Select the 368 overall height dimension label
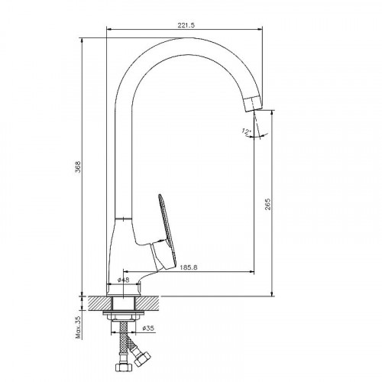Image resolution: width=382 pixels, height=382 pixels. tap(78, 167)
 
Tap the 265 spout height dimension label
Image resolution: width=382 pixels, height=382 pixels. tap(267, 204)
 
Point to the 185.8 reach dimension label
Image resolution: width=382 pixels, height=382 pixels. tap(189, 267)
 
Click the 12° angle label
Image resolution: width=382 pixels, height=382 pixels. tap(246, 131)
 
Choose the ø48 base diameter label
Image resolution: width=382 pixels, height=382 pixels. tap(124, 280)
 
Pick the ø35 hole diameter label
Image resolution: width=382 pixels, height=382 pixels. tap(148, 329)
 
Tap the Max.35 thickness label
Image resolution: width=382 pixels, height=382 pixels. tap(78, 327)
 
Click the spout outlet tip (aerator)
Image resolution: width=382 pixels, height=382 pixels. tap(253, 103)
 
